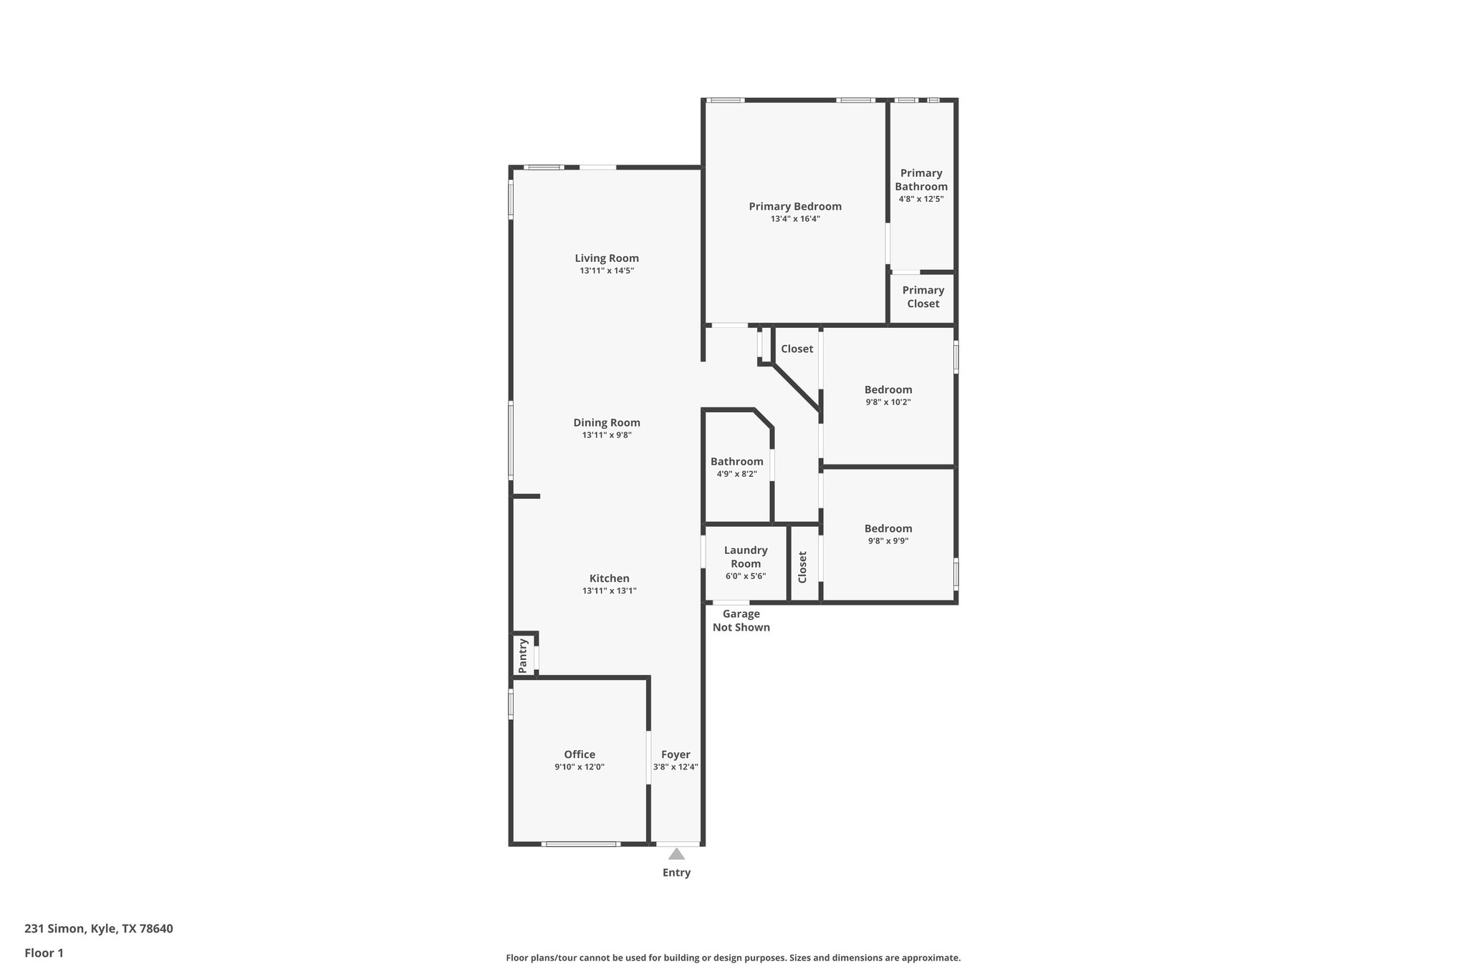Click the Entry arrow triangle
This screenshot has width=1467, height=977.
pyautogui.click(x=676, y=854)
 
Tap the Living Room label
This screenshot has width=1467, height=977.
pyautogui.click(x=607, y=258)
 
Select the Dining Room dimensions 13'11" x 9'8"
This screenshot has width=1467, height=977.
pyautogui.click(x=607, y=435)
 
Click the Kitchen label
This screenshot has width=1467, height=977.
pyautogui.click(x=610, y=578)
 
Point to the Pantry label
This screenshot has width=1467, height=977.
pyautogui.click(x=523, y=656)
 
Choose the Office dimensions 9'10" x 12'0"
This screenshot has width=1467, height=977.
pyautogui.click(x=579, y=767)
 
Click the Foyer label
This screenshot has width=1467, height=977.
pyautogui.click(x=675, y=754)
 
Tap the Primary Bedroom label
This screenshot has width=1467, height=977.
pyautogui.click(x=795, y=206)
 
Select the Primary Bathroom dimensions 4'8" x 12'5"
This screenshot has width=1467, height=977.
pyautogui.click(x=921, y=199)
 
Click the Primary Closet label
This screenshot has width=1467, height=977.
pyautogui.click(x=923, y=296)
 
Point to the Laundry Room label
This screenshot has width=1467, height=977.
pyautogui.click(x=746, y=557)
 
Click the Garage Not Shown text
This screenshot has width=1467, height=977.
pyautogui.click(x=741, y=621)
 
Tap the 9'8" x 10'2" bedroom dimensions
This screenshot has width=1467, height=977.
pyautogui.click(x=888, y=402)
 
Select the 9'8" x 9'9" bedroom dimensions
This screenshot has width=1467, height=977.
pyautogui.click(x=888, y=541)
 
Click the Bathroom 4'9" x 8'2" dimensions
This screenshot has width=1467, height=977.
pyautogui.click(x=736, y=474)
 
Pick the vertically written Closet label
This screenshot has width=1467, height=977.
pyautogui.click(x=802, y=566)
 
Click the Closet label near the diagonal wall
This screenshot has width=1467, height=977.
pyautogui.click(x=797, y=349)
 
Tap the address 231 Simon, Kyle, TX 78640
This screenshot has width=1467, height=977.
pyautogui.click(x=99, y=928)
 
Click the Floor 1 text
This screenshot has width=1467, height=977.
pyautogui.click(x=44, y=953)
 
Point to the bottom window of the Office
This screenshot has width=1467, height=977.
pyautogui.click(x=580, y=844)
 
